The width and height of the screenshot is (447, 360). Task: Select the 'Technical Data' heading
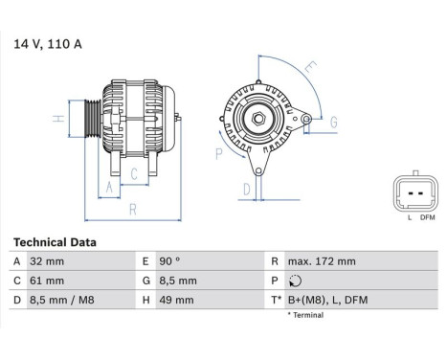pos(54,243)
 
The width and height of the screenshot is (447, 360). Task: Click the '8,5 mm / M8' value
pos(62,300)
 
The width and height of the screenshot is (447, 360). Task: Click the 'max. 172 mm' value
pos(323,261)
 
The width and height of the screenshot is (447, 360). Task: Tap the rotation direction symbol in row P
pos(293,281)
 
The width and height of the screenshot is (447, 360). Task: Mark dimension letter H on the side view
pos(58,119)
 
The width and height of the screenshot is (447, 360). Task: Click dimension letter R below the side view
pos(131,208)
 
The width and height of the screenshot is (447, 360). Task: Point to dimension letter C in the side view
pos(134,173)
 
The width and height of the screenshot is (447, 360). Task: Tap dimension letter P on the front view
pos(219,152)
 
